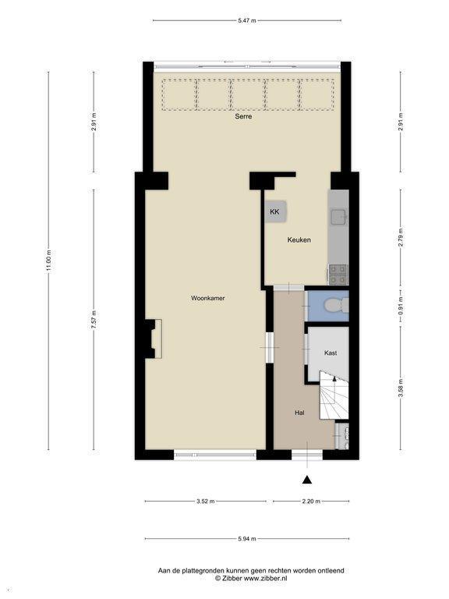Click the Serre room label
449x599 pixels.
243,116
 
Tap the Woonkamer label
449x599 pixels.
207,298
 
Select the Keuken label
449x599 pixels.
299,240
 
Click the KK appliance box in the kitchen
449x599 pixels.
277,211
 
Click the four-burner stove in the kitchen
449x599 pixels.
338,275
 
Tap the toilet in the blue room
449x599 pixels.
335,305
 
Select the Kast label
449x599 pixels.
331,353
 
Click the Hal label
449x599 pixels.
299,413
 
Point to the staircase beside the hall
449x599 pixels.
334,395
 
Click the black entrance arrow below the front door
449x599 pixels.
307,480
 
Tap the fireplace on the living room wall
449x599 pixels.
154,338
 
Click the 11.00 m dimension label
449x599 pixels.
48,261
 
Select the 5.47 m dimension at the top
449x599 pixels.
246,20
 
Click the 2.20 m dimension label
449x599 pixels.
311,502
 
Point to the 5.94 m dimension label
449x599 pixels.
246,539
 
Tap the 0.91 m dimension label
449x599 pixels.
401,306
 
